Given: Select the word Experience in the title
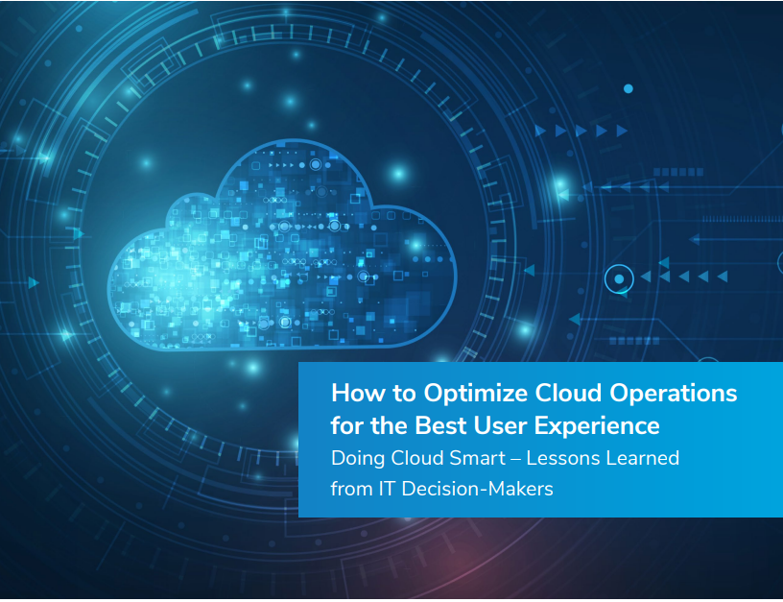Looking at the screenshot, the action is click(597, 426).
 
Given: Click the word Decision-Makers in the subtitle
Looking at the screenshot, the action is click(477, 489).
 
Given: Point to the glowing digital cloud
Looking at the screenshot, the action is click(282, 245).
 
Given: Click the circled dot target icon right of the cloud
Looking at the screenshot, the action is click(619, 278).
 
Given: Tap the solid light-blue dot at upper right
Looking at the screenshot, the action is click(629, 88).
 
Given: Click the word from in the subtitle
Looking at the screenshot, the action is click(351, 489).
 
